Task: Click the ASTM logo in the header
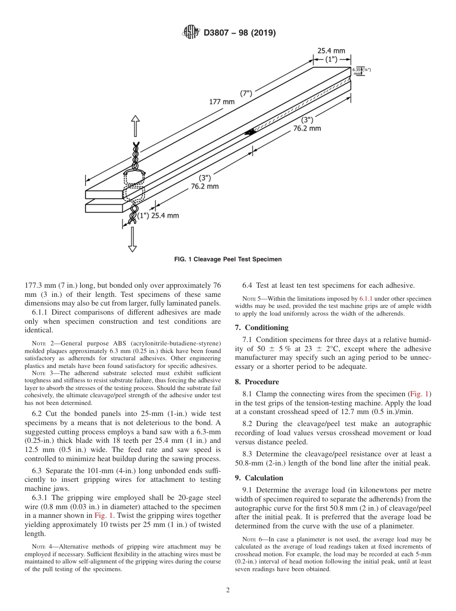(x=191, y=33)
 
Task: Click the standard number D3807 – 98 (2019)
(x=240, y=33)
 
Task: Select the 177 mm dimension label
(x=222, y=101)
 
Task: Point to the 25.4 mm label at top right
(x=331, y=50)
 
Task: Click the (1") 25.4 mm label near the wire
(x=158, y=216)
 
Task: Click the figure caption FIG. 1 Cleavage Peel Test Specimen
(x=228, y=259)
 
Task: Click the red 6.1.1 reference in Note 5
(x=366, y=299)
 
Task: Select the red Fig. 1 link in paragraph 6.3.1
(x=104, y=515)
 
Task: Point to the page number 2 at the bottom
(x=228, y=590)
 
